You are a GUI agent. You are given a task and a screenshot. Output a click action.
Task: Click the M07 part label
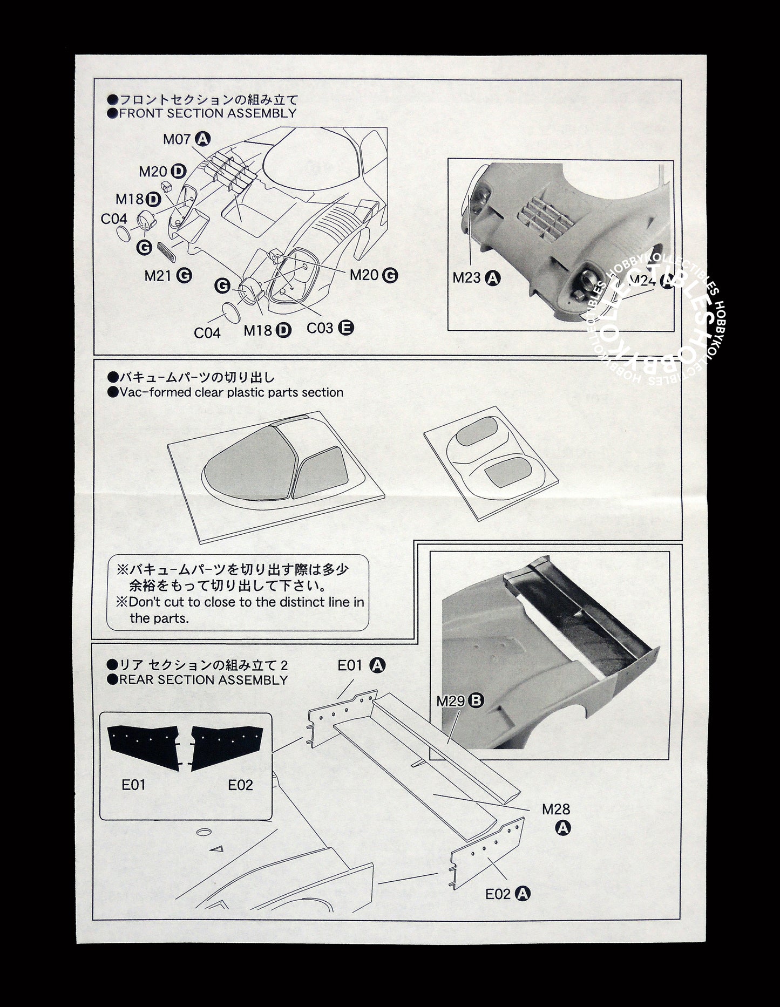(177, 139)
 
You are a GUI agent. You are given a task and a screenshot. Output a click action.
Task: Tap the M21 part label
(158, 275)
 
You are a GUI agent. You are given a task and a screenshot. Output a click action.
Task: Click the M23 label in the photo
(466, 278)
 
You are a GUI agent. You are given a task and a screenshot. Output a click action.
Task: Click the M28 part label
(556, 809)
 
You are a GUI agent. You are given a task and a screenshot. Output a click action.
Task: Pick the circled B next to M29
(476, 700)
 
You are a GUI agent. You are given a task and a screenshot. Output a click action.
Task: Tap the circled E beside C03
(347, 327)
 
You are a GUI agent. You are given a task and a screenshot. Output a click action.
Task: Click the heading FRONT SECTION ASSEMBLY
(207, 113)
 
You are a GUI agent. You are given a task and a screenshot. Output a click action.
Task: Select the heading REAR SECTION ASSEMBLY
(204, 680)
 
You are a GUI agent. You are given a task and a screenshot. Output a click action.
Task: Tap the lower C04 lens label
(207, 333)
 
